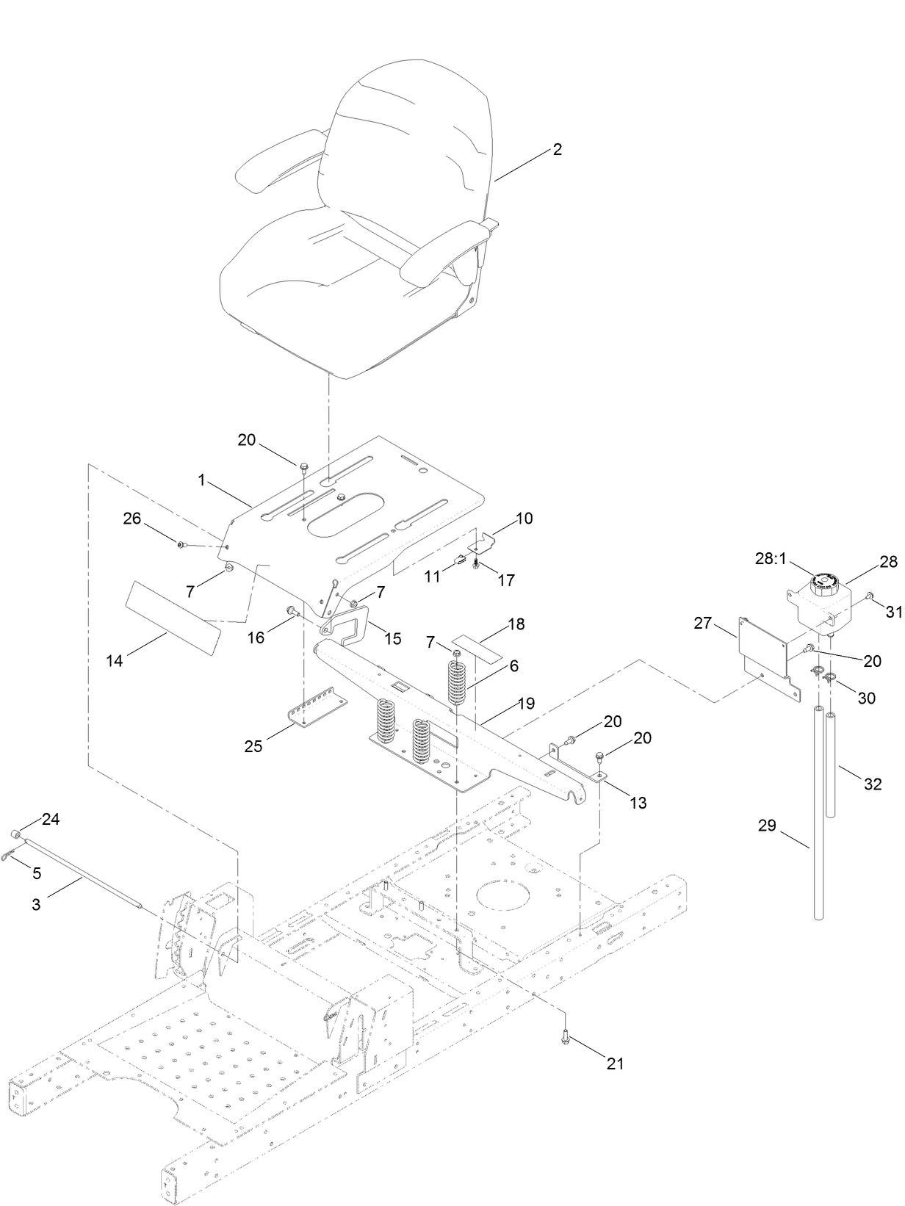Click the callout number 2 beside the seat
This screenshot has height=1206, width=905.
557,149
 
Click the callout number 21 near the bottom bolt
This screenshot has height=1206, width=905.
615,1063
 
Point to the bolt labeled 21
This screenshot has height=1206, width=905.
566,1037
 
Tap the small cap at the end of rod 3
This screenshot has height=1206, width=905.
14,834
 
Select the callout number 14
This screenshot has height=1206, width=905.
114,660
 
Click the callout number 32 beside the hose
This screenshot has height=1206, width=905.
872,784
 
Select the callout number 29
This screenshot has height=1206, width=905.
766,826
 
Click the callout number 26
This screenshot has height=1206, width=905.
132,519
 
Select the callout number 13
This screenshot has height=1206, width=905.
638,803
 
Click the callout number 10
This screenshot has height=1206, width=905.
524,519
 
